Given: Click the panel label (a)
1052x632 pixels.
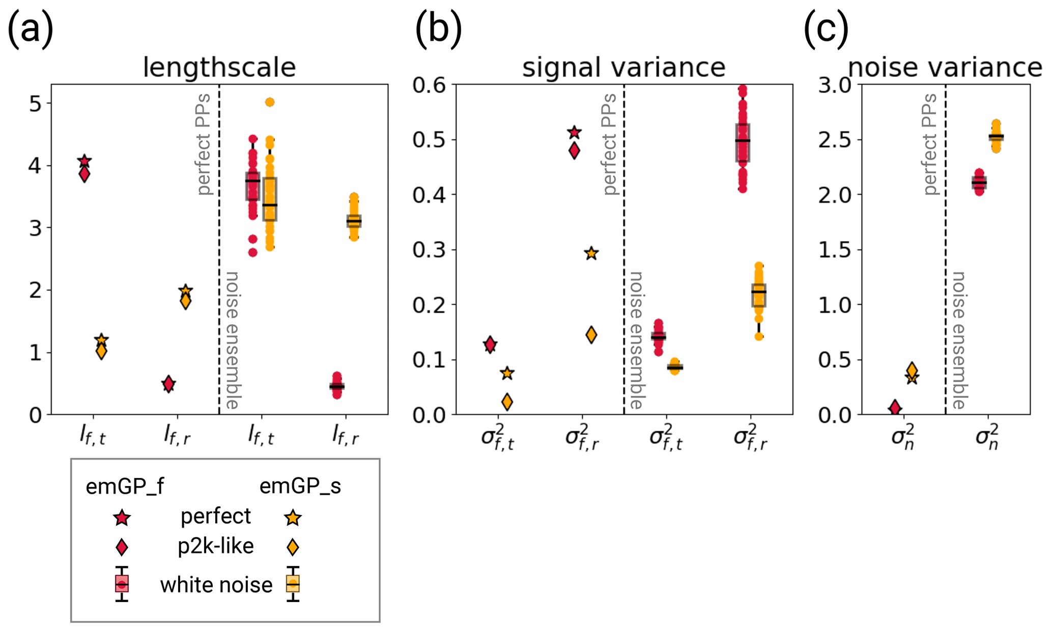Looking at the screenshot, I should (x=31, y=29).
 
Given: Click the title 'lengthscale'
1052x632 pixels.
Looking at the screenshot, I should (x=219, y=67).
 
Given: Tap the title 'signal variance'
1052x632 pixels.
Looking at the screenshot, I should (x=623, y=67).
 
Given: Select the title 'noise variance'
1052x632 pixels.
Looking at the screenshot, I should (x=945, y=67).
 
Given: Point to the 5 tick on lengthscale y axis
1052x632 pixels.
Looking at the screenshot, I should (x=35, y=104).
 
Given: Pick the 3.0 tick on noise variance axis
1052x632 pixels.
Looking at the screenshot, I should (x=834, y=85).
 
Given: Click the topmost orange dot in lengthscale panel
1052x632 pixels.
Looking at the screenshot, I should (x=270, y=102).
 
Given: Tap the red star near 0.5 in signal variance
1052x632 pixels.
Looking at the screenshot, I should (x=574, y=133).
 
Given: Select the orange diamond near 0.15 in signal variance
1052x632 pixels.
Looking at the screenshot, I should (x=591, y=335).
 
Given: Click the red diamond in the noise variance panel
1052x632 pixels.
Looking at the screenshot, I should (x=895, y=407).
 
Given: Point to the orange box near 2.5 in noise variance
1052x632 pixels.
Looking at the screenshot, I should (x=996, y=137).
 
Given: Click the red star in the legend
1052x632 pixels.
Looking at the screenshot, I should (x=122, y=518).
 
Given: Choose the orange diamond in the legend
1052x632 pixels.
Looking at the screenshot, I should (x=293, y=547).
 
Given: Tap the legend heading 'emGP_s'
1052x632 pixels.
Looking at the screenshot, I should (x=300, y=486).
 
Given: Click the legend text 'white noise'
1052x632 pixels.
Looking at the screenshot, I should (x=216, y=585).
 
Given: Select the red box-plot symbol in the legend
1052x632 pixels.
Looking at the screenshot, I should (x=122, y=584).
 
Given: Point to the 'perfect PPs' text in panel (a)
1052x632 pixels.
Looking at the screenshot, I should (x=204, y=144).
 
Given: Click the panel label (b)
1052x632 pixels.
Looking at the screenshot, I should (x=438, y=29).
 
